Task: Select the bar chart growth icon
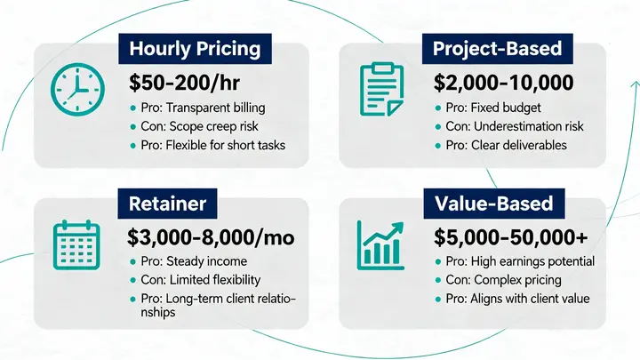click(380, 244)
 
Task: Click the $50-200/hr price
click(182, 84)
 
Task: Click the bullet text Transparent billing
click(204, 108)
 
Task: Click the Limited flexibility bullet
click(204, 280)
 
